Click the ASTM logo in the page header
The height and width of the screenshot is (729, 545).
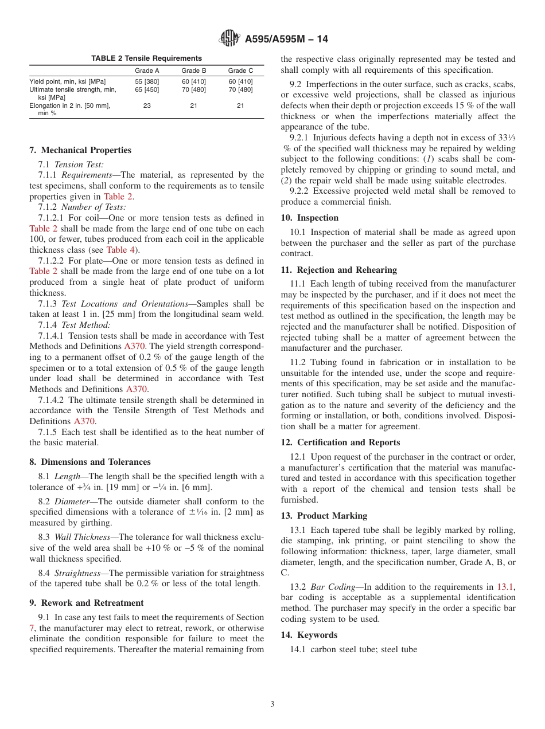click(229, 39)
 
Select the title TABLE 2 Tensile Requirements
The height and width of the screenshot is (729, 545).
click(146, 58)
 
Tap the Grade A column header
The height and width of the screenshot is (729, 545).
click(147, 70)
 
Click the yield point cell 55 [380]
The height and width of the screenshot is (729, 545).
click(147, 81)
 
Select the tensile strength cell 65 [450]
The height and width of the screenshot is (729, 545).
click(147, 89)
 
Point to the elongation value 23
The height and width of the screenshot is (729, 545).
click(147, 105)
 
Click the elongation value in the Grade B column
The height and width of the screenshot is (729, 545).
click(194, 105)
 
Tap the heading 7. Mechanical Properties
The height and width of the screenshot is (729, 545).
click(80, 150)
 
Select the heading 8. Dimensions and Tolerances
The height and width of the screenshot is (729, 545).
click(90, 462)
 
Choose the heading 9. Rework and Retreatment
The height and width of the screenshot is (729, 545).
click(87, 603)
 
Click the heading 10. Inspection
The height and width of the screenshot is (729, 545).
click(310, 218)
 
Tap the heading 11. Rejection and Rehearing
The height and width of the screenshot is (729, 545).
click(338, 270)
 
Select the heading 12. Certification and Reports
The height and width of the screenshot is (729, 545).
click(340, 442)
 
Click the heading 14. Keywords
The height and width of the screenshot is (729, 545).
click(309, 635)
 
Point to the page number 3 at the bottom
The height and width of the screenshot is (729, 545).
click(272, 704)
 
